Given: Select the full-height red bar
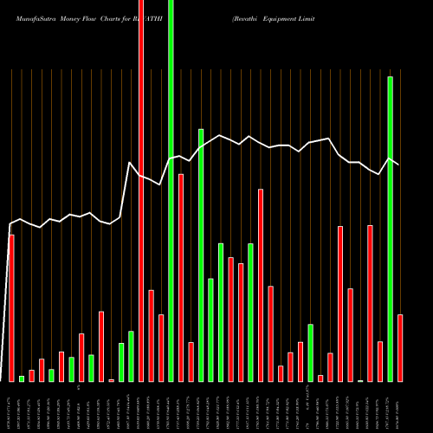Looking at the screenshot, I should (141, 191).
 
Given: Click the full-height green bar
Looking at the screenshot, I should (171, 191).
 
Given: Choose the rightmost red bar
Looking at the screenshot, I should (400, 347).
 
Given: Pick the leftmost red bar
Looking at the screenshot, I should (11, 307).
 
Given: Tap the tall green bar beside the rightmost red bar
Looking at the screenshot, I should (390, 229).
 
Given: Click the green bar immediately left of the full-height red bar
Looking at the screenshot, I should (131, 356).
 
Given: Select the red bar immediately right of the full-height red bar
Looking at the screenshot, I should (151, 335).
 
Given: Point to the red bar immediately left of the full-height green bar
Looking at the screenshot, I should (161, 347).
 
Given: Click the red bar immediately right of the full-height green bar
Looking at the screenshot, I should (181, 277).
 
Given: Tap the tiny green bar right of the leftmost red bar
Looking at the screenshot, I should (22, 378).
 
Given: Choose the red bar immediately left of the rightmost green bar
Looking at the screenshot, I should (380, 361).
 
